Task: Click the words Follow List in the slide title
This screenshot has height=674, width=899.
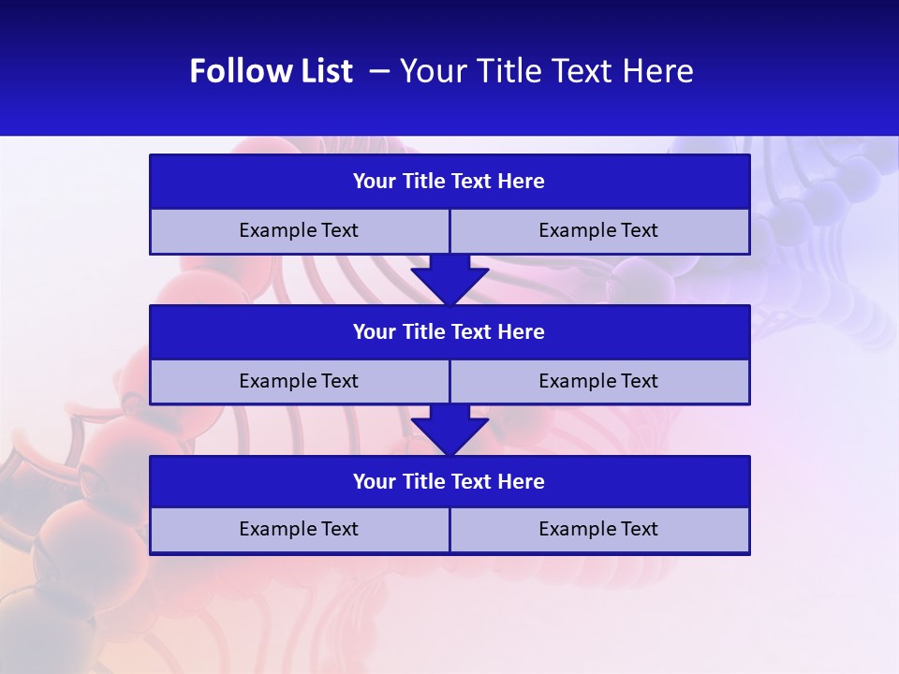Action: click(x=271, y=71)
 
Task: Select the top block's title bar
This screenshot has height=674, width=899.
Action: click(x=449, y=182)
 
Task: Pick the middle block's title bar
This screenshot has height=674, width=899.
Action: click(x=449, y=332)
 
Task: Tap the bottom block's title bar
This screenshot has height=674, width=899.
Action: click(x=449, y=482)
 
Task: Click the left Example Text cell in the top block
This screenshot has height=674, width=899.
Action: click(x=299, y=231)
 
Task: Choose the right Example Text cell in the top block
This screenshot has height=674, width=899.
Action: click(x=598, y=231)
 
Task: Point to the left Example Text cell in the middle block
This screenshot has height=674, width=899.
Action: click(x=299, y=381)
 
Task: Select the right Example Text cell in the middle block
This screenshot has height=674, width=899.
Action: click(x=598, y=381)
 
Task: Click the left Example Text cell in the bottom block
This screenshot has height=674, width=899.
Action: click(x=299, y=529)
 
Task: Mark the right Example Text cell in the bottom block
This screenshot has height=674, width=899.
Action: click(x=598, y=529)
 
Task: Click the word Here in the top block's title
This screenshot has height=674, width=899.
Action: click(x=522, y=182)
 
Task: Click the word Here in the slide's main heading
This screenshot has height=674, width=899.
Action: click(x=658, y=71)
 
